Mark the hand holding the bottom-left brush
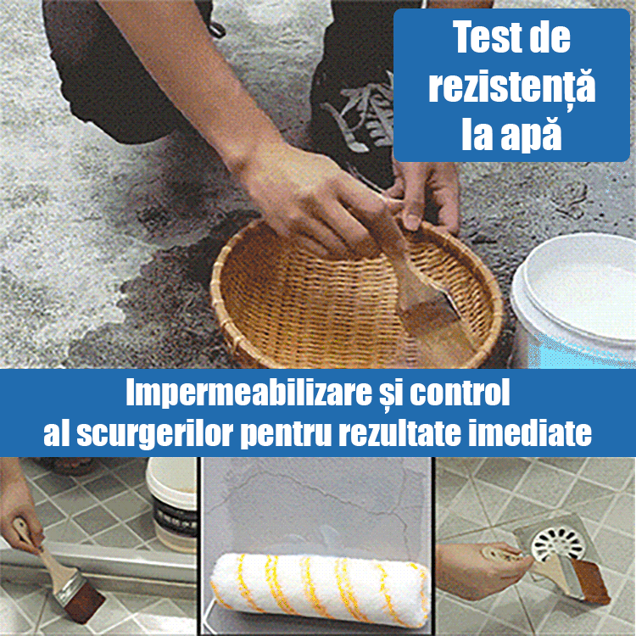coord(17,522)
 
